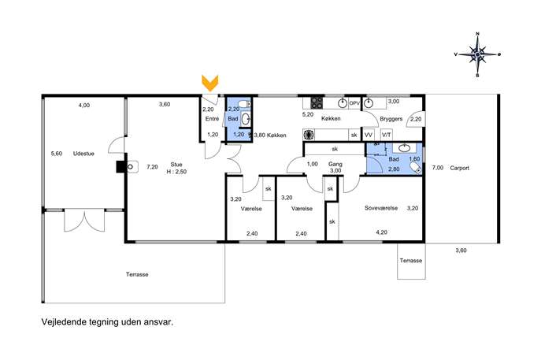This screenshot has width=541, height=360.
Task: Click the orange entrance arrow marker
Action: coord(209,84)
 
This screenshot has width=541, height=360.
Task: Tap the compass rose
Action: coord(477,54)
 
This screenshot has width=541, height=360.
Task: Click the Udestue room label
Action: coord(83,154)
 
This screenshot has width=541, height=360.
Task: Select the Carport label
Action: coord(460,168)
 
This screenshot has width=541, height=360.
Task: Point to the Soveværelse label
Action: coord(381,208)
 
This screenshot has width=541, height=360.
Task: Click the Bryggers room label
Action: coord(391,119)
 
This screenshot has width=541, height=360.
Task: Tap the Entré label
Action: coord(212,119)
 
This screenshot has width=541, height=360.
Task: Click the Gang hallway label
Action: coord(335,165)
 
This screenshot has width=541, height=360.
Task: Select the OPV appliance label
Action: coord(354,103)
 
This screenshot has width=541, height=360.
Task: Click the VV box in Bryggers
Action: coord(369,135)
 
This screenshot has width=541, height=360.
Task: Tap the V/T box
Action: coord(386,135)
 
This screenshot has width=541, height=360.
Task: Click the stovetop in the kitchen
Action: coord(317,103)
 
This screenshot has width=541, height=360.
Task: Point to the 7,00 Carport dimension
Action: coord(438,168)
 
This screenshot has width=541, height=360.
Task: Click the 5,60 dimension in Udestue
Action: coord(57,154)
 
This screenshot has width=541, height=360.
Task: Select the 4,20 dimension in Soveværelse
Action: coord(381,232)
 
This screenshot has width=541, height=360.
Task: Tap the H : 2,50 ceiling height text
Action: coord(176,172)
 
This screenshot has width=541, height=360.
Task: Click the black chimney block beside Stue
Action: coord(120,167)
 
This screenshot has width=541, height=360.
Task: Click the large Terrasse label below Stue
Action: coord(137,274)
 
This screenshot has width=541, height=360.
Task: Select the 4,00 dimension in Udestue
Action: coord(83,106)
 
